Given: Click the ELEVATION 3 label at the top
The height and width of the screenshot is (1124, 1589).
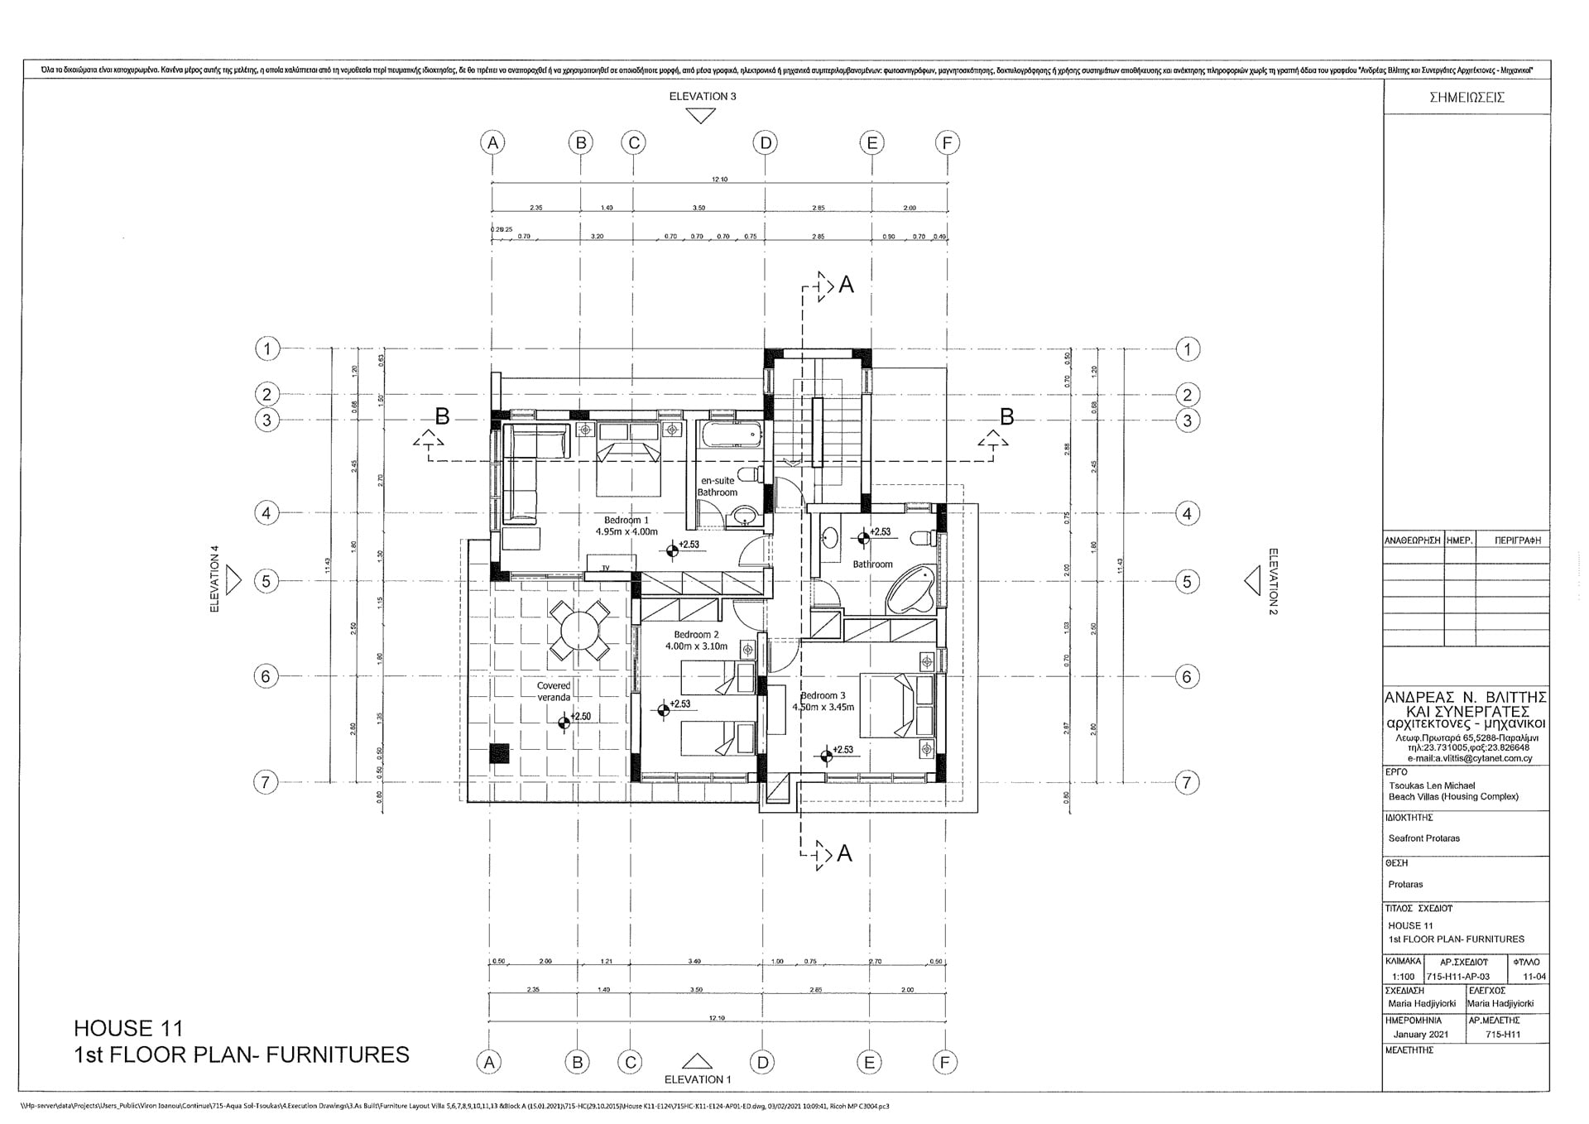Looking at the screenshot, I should click(702, 96).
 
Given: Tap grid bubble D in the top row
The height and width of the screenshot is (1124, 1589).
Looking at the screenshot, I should click(766, 143).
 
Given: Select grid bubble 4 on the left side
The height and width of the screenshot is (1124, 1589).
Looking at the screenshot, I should click(266, 513).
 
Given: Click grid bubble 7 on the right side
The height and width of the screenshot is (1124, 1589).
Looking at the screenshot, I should click(1187, 782).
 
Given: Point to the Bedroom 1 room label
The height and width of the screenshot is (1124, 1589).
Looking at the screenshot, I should click(626, 521).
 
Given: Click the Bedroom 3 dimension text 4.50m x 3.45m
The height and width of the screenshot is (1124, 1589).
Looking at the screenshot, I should click(823, 708).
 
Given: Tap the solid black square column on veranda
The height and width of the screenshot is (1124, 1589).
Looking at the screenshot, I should click(499, 753).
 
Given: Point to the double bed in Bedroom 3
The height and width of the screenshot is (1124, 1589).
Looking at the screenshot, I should click(894, 706).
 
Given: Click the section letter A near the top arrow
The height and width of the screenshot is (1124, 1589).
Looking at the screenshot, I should click(846, 285).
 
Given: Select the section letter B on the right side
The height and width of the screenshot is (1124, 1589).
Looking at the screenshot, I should click(1006, 417).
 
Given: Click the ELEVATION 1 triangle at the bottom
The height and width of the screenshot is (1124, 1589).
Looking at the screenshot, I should click(698, 1061).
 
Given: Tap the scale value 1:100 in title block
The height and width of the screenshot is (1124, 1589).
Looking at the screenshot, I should click(1403, 977).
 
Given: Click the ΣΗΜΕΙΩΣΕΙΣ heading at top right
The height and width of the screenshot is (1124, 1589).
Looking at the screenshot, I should click(1467, 97).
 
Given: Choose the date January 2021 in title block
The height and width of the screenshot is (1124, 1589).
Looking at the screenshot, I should click(1420, 1035).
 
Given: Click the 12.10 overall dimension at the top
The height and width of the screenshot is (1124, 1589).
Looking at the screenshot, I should click(719, 180).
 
